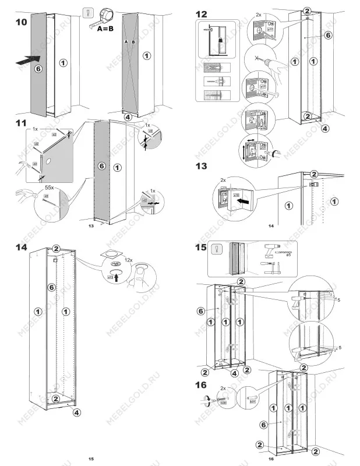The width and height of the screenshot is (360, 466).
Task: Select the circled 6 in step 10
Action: (x=38, y=68)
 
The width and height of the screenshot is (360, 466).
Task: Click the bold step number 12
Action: (x=201, y=14)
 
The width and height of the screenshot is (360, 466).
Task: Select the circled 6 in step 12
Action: (x=328, y=36)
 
